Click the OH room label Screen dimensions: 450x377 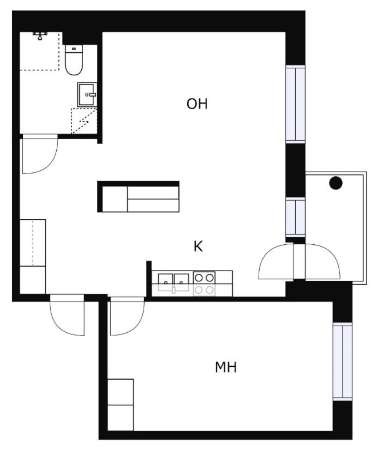(196, 105)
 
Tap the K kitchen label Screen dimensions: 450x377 (198, 247)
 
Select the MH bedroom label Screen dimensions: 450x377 (226, 367)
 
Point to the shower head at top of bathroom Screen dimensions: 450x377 (40, 35)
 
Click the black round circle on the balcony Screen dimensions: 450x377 (336, 183)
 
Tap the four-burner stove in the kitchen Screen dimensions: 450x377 (204, 283)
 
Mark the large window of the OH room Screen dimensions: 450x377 (295, 104)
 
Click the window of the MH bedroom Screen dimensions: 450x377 (342, 361)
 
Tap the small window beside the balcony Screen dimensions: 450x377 (295, 217)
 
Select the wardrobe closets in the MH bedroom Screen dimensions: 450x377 (120, 404)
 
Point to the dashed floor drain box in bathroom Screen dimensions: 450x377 (84, 121)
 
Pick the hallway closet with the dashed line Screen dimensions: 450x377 (33, 243)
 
